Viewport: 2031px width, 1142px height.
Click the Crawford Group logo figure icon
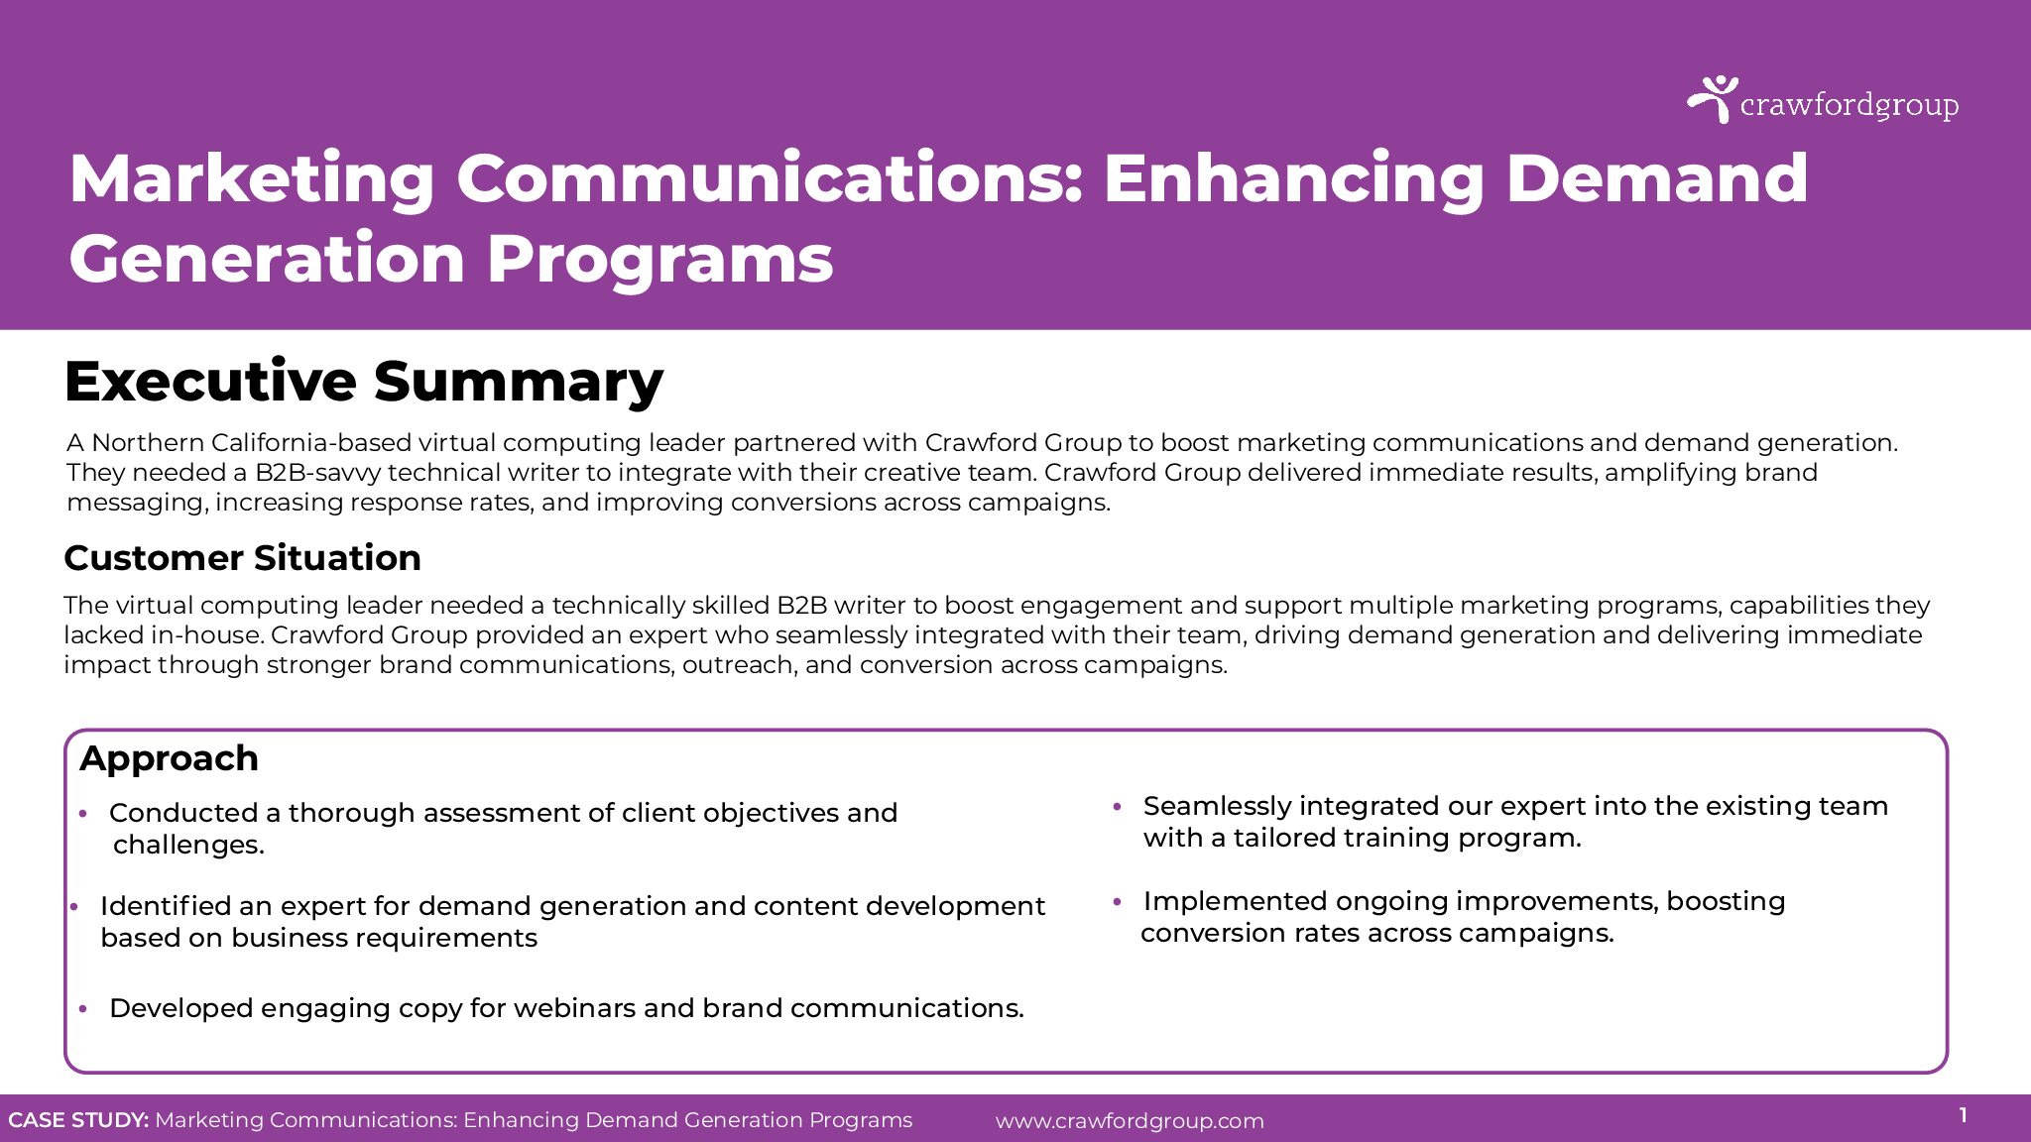(1712, 99)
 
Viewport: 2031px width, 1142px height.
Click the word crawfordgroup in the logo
(1850, 106)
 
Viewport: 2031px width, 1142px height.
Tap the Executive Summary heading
(364, 383)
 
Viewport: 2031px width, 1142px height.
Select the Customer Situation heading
(243, 558)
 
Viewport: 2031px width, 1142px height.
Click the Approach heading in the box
(170, 759)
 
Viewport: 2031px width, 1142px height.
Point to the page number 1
(1963, 1116)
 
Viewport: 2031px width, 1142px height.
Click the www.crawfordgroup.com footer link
(1130, 1121)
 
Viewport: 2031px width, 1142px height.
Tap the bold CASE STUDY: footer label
(78, 1120)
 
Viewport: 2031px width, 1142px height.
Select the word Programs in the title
(659, 259)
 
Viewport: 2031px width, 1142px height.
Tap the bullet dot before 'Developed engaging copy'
(83, 1009)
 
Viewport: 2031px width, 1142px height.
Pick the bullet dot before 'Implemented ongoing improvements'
(1117, 903)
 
